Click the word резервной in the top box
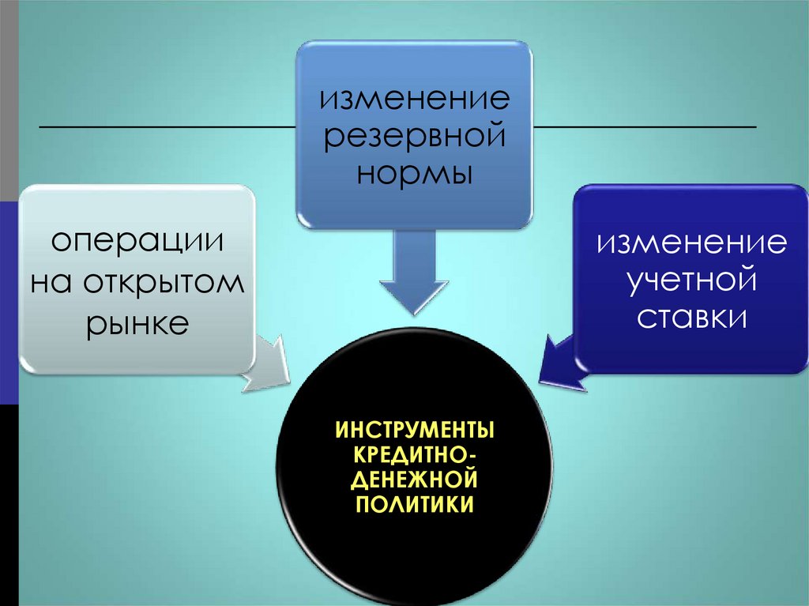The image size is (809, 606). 414,136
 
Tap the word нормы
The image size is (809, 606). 414,173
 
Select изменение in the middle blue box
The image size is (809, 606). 414,100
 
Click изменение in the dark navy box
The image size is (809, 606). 691,242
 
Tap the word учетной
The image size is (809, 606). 691,280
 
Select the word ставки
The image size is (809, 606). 692,317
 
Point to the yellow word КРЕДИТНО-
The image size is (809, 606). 416,456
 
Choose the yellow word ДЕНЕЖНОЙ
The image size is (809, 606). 416,480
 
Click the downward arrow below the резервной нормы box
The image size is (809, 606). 414,277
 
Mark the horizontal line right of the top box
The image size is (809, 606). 644,126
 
